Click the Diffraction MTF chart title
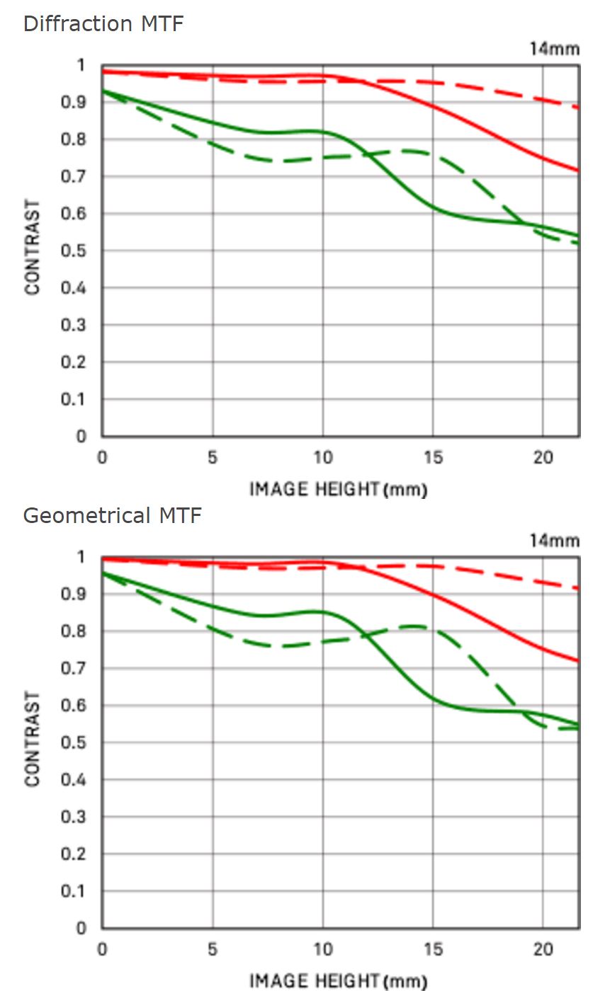tap(103, 23)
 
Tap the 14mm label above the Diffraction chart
tap(554, 49)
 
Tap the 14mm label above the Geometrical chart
tap(554, 541)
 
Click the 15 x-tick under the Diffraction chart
tap(433, 458)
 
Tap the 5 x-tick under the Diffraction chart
tap(213, 458)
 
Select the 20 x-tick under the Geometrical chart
tap(543, 950)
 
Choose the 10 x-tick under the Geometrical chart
tap(322, 950)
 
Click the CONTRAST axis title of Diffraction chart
tap(33, 247)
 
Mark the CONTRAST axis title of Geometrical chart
tap(33, 739)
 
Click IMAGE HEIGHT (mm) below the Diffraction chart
tap(338, 489)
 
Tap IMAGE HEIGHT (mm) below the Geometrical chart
tap(338, 981)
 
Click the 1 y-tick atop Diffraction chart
tap(81, 66)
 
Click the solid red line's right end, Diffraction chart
tap(578, 170)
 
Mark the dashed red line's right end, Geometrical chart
tap(578, 588)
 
